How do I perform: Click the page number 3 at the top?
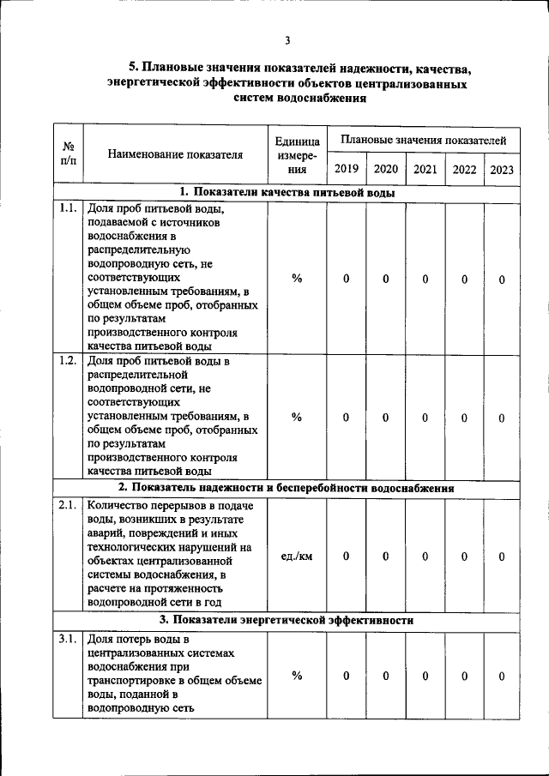[x=287, y=39]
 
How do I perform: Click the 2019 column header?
[x=346, y=169]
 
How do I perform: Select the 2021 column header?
[x=425, y=169]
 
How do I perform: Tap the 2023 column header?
[x=502, y=169]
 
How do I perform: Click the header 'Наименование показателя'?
[x=176, y=155]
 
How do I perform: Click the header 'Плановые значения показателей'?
[x=424, y=139]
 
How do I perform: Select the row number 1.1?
[x=68, y=208]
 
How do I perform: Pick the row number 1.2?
[x=68, y=361]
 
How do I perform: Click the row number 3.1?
[x=68, y=640]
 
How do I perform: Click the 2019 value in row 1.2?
[x=346, y=417]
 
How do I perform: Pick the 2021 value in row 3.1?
[x=425, y=676]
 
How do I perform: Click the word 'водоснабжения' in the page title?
[x=324, y=99]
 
